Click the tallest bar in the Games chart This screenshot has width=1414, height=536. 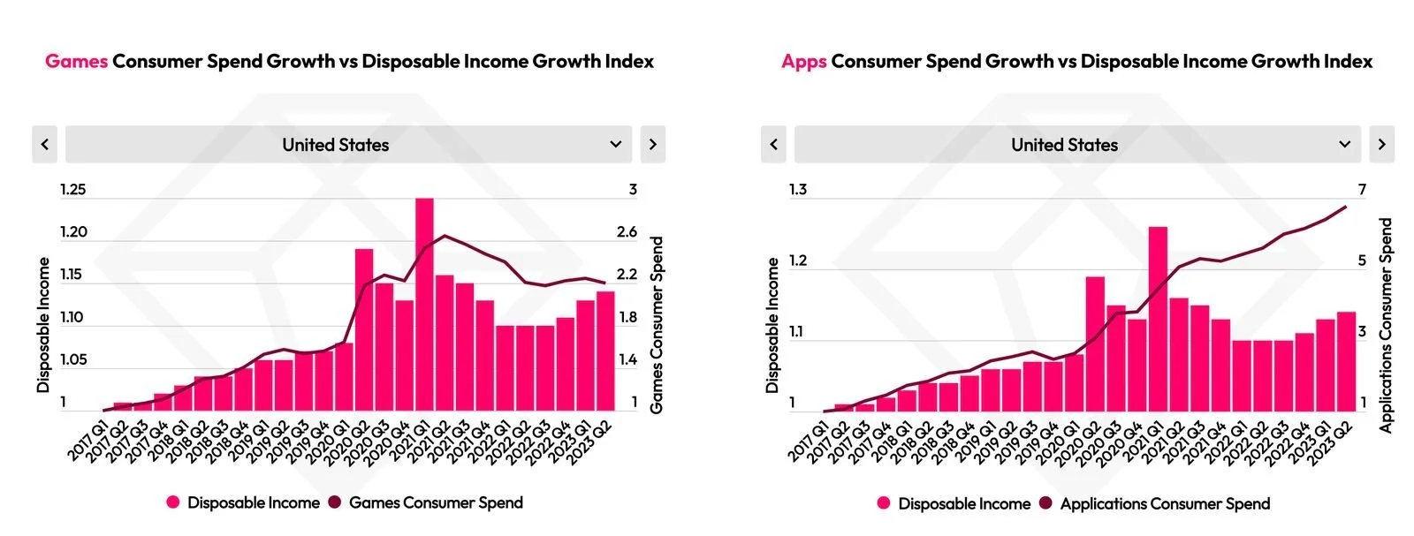tap(424, 305)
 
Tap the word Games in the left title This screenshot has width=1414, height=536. tap(76, 61)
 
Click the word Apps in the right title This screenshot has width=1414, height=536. tap(803, 61)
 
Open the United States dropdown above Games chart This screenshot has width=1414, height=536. tap(348, 145)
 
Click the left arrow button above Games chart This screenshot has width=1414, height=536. tap(45, 145)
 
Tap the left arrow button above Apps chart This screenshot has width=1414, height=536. tap(773, 145)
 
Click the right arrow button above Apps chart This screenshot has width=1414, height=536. tap(1381, 145)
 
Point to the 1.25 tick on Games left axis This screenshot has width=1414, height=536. tap(72, 190)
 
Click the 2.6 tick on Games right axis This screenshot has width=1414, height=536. tap(627, 232)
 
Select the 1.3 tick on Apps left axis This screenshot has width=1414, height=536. tap(797, 190)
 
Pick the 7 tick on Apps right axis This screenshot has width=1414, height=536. tap(1362, 190)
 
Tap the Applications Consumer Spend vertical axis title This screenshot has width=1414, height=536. tap(1386, 325)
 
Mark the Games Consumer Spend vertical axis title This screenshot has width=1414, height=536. tap(657, 325)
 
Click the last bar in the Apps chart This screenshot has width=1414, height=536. tap(1346, 361)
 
